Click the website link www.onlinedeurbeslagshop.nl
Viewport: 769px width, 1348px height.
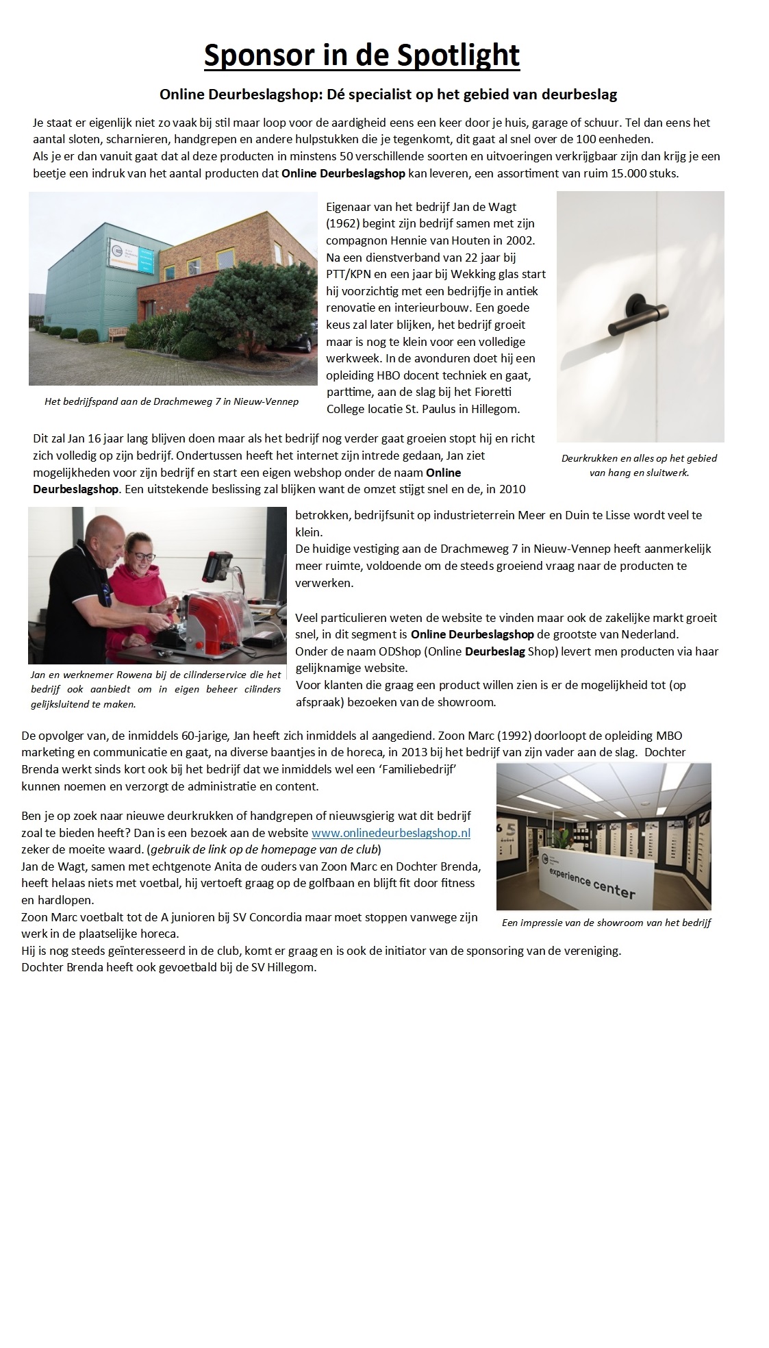pyautogui.click(x=390, y=833)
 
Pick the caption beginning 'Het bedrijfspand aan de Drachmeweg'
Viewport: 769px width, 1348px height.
pyautogui.click(x=171, y=401)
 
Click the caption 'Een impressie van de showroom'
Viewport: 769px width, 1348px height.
pyautogui.click(x=606, y=923)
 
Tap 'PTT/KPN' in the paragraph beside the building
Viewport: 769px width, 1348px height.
pyautogui.click(x=350, y=274)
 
